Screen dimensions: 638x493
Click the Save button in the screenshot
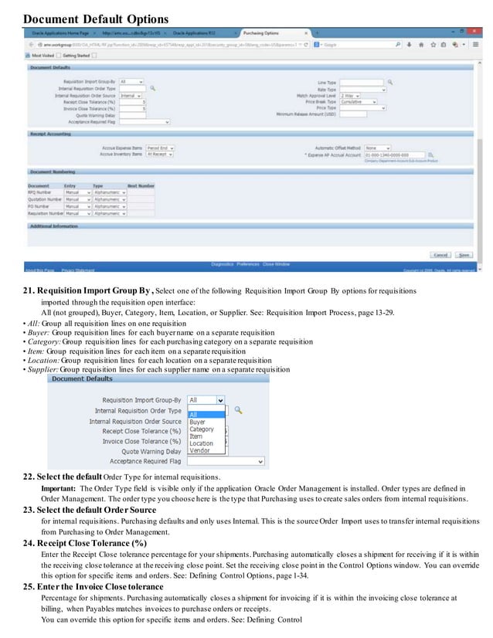(x=464, y=254)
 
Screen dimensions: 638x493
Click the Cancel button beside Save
(x=440, y=254)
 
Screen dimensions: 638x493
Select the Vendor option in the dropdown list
(x=199, y=451)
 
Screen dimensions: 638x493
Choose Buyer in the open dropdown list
(x=198, y=423)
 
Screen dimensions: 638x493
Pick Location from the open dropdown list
(x=201, y=444)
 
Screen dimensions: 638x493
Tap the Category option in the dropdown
(x=202, y=429)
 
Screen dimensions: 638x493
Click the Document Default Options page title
(x=96, y=18)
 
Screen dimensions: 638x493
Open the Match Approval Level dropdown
(x=353, y=95)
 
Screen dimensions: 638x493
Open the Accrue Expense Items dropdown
(x=161, y=147)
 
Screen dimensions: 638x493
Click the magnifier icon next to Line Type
(x=390, y=82)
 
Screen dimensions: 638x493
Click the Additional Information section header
(x=54, y=226)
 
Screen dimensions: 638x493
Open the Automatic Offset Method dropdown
(x=377, y=147)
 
